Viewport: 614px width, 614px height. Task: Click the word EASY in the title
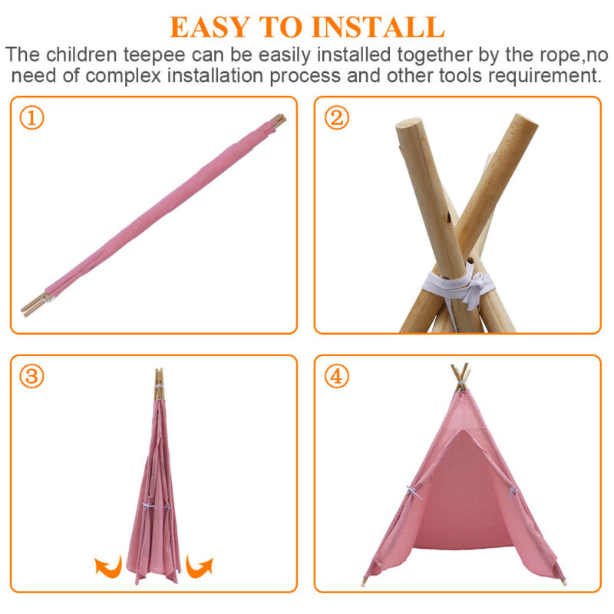point(210,27)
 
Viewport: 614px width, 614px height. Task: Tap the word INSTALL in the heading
point(378,27)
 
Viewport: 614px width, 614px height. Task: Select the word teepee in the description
point(154,54)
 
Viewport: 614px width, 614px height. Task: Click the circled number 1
point(31,118)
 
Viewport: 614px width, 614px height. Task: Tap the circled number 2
point(336,118)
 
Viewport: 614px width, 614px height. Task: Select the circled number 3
point(31,376)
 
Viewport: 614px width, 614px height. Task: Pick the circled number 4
point(336,376)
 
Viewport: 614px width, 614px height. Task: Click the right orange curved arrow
point(200,566)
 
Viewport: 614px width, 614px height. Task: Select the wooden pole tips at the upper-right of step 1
point(279,120)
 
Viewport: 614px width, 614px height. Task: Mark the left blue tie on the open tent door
point(414,492)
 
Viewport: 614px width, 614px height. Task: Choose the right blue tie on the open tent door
point(513,492)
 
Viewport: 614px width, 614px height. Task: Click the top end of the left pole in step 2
point(409,124)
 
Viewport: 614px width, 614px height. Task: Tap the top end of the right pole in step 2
point(526,120)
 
